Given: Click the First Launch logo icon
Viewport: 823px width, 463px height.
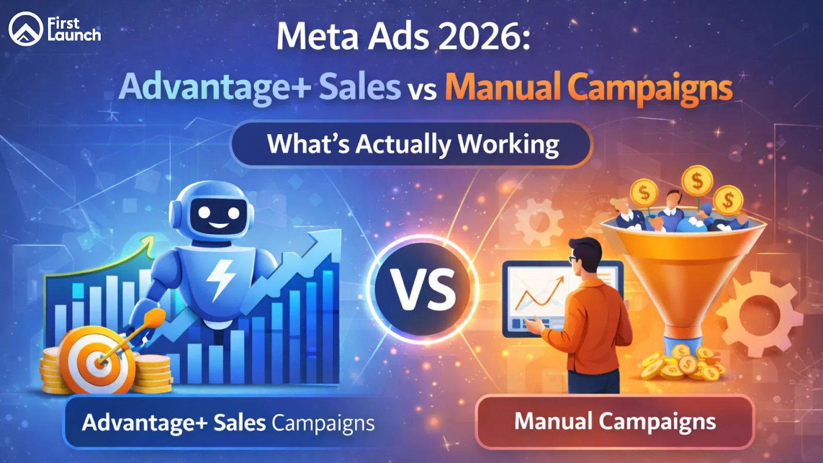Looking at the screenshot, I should pos(26,29).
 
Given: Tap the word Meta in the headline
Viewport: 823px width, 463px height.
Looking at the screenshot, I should pos(320,37).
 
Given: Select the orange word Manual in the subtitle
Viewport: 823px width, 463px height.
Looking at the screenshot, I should pos(502,87).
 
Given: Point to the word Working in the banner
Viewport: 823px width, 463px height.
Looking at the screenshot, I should pos(508,144).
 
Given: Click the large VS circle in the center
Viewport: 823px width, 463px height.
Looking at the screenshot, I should pos(422,290).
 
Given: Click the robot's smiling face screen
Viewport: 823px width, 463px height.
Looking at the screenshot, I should pos(219,214).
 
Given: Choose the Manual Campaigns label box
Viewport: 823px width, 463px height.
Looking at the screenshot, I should pos(615,421).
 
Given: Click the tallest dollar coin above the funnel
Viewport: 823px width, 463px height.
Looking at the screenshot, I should pos(697,181).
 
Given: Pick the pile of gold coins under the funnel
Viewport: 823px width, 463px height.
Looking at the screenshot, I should pos(682,363).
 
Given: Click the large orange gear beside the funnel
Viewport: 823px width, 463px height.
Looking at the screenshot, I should pos(761,314).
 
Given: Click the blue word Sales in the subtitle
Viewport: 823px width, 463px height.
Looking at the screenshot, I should pos(360,87).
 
